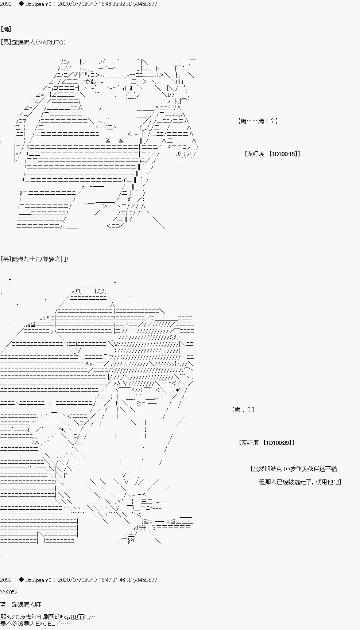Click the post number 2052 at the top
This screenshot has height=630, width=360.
(6, 4)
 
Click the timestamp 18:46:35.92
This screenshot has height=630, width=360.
(111, 4)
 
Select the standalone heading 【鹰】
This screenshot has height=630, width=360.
(6, 29)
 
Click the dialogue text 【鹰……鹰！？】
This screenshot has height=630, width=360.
(258, 121)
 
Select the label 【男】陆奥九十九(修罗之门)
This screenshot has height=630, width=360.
(34, 259)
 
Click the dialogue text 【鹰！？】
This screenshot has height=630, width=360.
(243, 410)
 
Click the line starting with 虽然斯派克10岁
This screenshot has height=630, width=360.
(294, 469)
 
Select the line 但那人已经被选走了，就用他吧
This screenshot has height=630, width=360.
(300, 482)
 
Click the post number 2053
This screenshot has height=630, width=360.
(6, 580)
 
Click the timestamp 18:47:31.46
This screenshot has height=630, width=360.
(111, 580)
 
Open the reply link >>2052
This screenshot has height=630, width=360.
(9, 592)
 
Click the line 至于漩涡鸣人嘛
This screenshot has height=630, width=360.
(20, 604)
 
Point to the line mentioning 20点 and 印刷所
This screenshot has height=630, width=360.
(48, 617)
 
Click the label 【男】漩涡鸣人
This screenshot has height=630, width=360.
(18, 42)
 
